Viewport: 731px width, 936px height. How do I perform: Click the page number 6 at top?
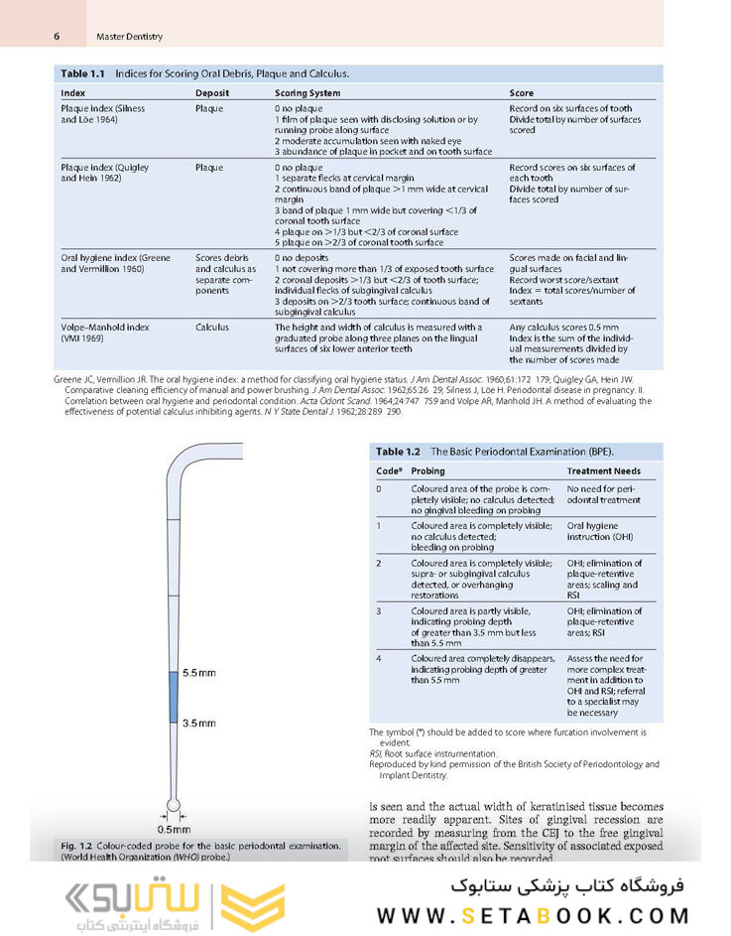[x=57, y=36]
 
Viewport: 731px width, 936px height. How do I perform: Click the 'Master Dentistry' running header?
[x=130, y=37]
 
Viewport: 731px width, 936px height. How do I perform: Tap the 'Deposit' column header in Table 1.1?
[x=212, y=93]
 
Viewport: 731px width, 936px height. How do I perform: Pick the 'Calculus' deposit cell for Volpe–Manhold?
[x=212, y=327]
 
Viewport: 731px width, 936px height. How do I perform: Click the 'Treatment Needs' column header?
[x=603, y=471]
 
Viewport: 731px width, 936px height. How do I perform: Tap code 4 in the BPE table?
[x=379, y=658]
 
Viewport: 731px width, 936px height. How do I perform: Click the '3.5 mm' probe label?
[x=199, y=723]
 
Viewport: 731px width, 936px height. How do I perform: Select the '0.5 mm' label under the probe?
[x=175, y=828]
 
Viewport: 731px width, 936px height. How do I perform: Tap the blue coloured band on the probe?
[x=173, y=697]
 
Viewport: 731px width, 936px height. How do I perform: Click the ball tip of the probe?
[x=174, y=805]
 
